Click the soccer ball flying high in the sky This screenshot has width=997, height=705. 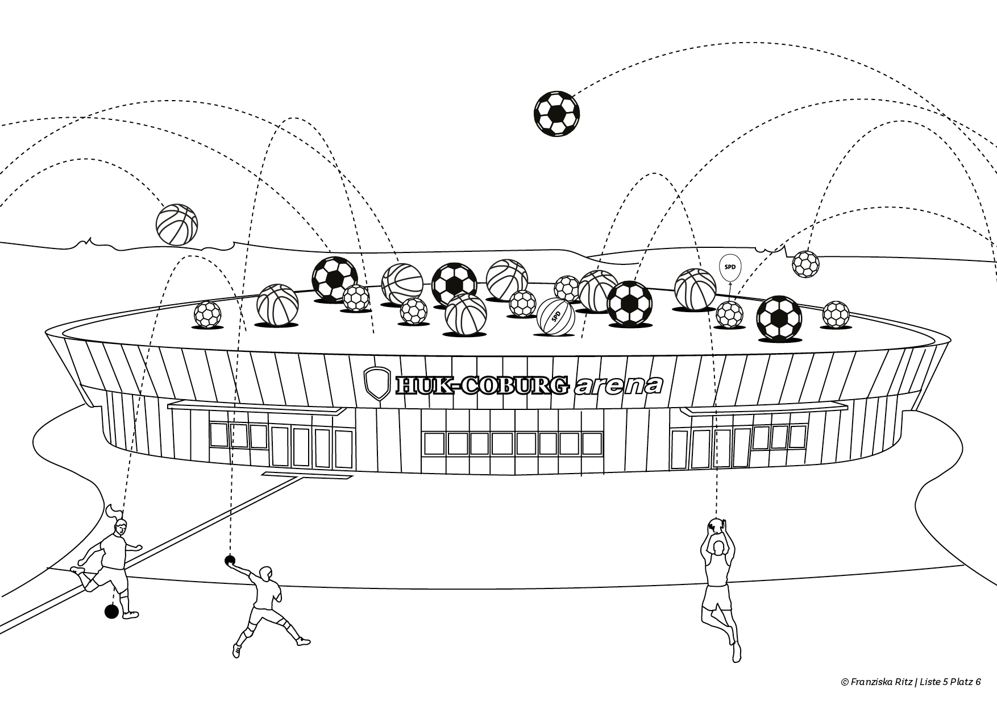(x=556, y=113)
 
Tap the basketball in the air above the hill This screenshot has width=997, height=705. (x=177, y=225)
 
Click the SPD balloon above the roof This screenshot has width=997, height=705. (x=730, y=268)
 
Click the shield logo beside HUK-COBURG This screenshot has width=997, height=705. (x=377, y=383)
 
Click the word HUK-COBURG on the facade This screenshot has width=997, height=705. (x=482, y=385)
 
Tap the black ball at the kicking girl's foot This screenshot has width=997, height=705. (x=111, y=612)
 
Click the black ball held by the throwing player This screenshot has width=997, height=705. (x=230, y=561)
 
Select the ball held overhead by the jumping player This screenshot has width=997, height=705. (x=717, y=526)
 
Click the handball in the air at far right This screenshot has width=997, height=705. (x=805, y=264)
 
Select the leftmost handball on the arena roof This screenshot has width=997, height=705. (x=207, y=314)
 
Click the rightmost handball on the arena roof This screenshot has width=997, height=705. (x=836, y=314)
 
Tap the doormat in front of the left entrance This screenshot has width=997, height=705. (x=283, y=473)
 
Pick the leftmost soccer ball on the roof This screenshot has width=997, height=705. (x=334, y=279)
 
